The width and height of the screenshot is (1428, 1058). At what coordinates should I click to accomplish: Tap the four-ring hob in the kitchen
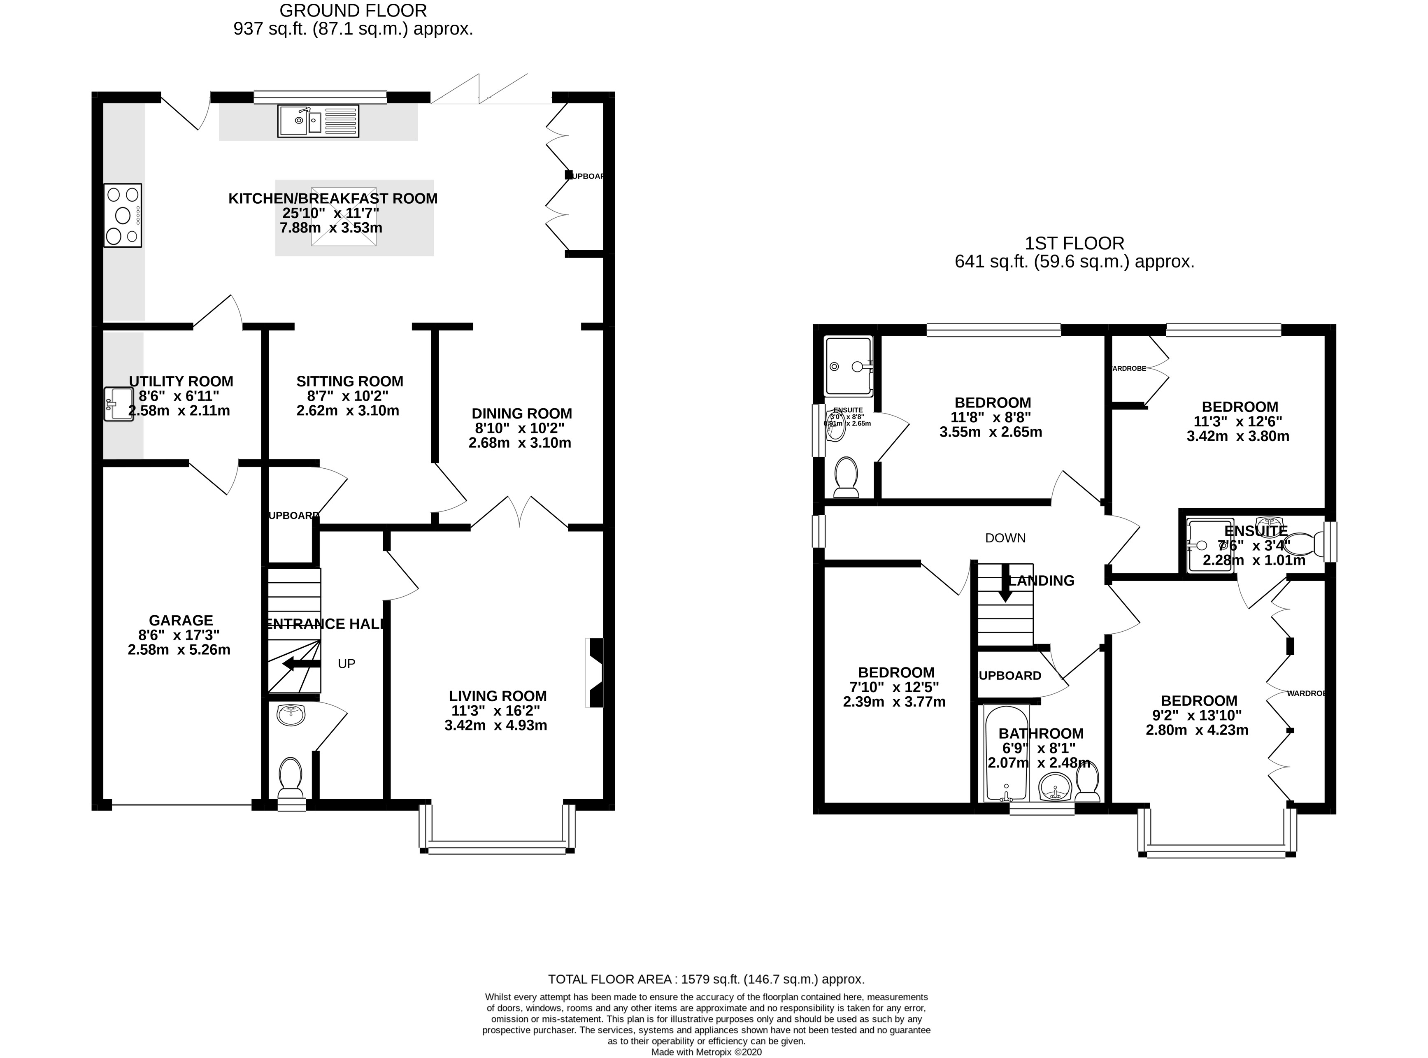pos(122,216)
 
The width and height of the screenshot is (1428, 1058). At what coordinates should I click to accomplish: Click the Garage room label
pos(181,620)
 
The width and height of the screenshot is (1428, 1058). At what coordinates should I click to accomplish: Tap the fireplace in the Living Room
pos(595,672)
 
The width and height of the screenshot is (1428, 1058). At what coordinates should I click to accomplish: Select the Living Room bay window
pos(497,849)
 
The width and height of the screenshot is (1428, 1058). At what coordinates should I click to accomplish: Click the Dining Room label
pos(521,414)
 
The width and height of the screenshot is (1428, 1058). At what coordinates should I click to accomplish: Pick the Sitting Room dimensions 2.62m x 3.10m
pos(348,411)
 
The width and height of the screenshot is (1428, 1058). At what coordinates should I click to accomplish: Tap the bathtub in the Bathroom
pos(1006,753)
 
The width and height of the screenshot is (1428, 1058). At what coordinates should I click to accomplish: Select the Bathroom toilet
pos(1087,781)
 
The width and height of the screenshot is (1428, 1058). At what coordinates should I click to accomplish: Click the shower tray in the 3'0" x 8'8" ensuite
pos(849,366)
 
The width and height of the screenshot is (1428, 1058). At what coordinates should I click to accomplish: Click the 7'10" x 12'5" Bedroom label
pos(896,672)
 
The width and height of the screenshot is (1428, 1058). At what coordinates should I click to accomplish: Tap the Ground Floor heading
pos(353,11)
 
